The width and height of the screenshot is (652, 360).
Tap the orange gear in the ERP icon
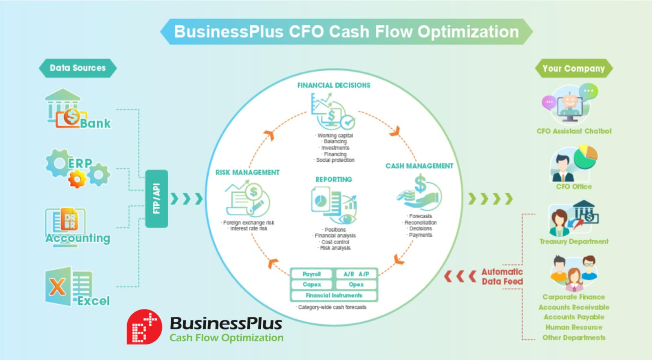(x=77, y=178)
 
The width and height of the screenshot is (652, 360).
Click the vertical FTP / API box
(x=156, y=198)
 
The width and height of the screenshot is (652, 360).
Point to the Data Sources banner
(x=77, y=68)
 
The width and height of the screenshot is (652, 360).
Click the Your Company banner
(x=573, y=68)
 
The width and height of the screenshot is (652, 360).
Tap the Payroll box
(x=312, y=274)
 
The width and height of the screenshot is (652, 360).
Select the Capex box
(x=312, y=284)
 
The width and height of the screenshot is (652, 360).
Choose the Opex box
(x=356, y=284)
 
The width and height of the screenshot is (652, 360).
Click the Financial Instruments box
(x=334, y=295)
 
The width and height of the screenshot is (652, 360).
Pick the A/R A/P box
(x=356, y=274)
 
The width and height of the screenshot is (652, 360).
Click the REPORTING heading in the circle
(x=334, y=179)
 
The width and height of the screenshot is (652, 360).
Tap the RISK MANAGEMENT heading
(x=247, y=172)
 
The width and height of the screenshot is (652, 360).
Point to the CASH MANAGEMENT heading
(x=419, y=166)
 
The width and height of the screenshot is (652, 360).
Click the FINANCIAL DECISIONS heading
(x=334, y=85)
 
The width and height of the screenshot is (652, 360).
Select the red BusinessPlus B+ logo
(x=144, y=327)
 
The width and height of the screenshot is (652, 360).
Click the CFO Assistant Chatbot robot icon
(x=570, y=104)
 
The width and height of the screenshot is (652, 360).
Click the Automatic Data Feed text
(x=502, y=277)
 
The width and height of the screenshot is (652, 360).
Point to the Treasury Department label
(x=574, y=241)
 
